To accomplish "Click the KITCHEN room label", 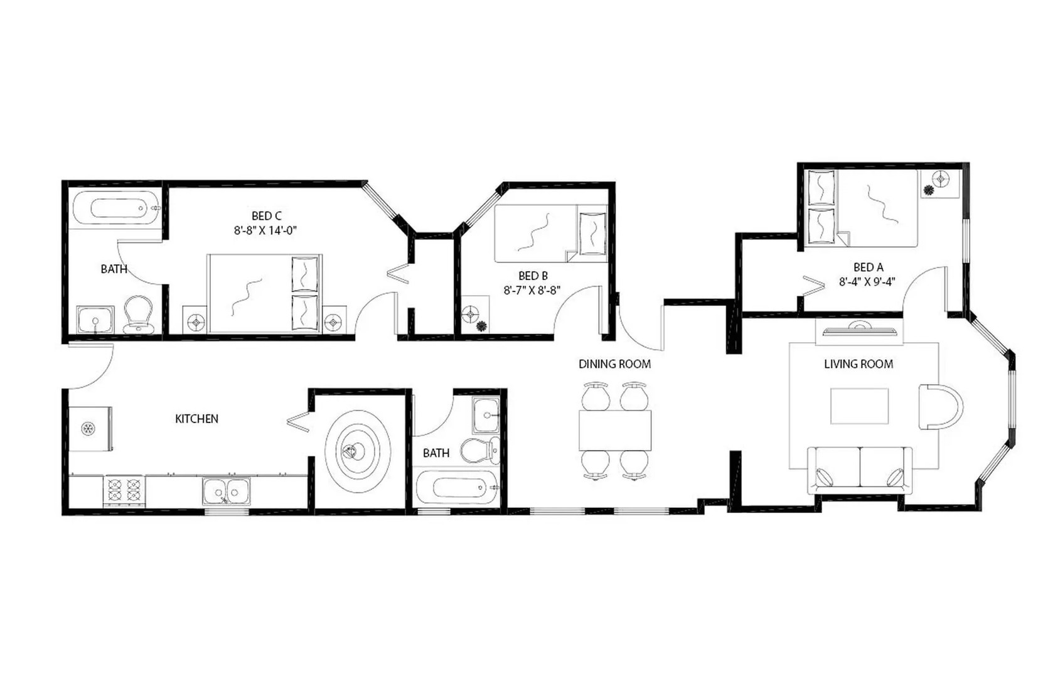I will tap(196, 419).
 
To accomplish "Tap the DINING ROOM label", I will tap(614, 364).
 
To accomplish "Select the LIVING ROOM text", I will tap(858, 364).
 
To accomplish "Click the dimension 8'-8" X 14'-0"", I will tap(265, 230).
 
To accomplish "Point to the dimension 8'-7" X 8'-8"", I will tap(532, 290).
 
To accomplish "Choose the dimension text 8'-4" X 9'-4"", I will tap(867, 282).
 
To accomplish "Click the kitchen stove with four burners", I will tap(124, 491).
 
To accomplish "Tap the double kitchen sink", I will tap(226, 491).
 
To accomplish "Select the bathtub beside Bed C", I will tap(115, 208).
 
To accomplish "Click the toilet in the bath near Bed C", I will tap(139, 315).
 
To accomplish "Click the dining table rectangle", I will tap(615, 430).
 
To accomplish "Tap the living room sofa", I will tap(859, 469).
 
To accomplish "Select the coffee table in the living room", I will tap(859, 406).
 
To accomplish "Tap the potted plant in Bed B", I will tap(482, 326).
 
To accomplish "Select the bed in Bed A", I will tap(861, 208).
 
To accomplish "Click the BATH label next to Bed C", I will tap(114, 269).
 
